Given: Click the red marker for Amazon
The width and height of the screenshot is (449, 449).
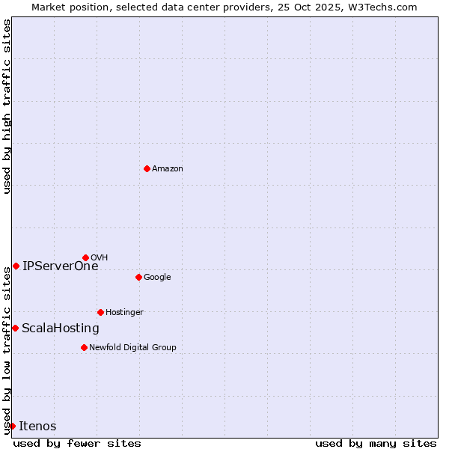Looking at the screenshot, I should [x=147, y=168].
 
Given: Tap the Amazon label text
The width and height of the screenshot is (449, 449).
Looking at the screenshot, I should [x=168, y=169].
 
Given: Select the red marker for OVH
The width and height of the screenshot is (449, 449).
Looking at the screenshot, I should [x=85, y=257].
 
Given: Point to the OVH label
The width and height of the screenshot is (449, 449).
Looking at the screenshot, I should [x=100, y=258].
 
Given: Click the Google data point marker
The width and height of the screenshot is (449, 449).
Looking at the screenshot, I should [x=138, y=277].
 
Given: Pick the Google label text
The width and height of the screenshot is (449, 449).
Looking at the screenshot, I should [x=157, y=278].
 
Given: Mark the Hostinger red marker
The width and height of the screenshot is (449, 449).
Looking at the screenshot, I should [x=100, y=312].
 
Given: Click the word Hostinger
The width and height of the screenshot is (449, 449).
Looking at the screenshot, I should [x=124, y=313].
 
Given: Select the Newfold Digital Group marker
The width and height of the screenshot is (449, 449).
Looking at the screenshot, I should [x=84, y=347].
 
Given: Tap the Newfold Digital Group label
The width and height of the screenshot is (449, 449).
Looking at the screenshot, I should [x=132, y=348].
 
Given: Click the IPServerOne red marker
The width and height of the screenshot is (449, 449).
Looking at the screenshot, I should [x=16, y=266].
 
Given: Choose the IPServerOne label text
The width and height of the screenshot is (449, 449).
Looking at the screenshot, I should [x=60, y=266].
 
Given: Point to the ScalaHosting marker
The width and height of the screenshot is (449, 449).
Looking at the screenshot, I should [x=15, y=328].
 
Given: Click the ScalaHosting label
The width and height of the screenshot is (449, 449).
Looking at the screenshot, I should [x=60, y=329].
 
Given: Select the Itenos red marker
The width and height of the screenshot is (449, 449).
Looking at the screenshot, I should [x=12, y=426].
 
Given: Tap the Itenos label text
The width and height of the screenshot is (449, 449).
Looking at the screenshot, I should [x=37, y=427].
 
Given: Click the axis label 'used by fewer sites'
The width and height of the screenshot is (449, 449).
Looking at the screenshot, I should [x=77, y=443].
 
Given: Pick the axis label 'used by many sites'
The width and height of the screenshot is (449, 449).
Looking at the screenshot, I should [x=376, y=443].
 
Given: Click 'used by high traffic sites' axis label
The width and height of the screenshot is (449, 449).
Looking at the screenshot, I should [x=7, y=106].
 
